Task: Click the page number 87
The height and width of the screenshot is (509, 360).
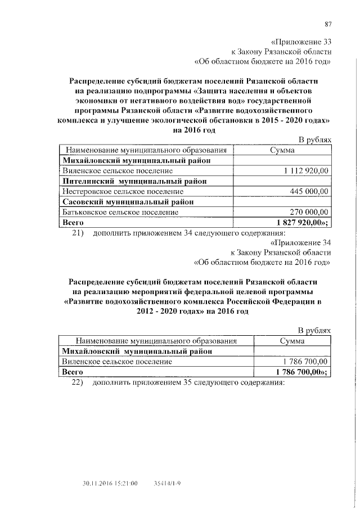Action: coord(328,23)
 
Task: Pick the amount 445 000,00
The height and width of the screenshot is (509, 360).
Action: coord(309,192)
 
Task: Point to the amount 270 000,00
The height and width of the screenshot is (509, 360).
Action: coord(309,213)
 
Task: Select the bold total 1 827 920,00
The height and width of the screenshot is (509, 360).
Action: coord(301,223)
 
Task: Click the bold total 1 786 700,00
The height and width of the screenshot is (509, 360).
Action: coord(301,372)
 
